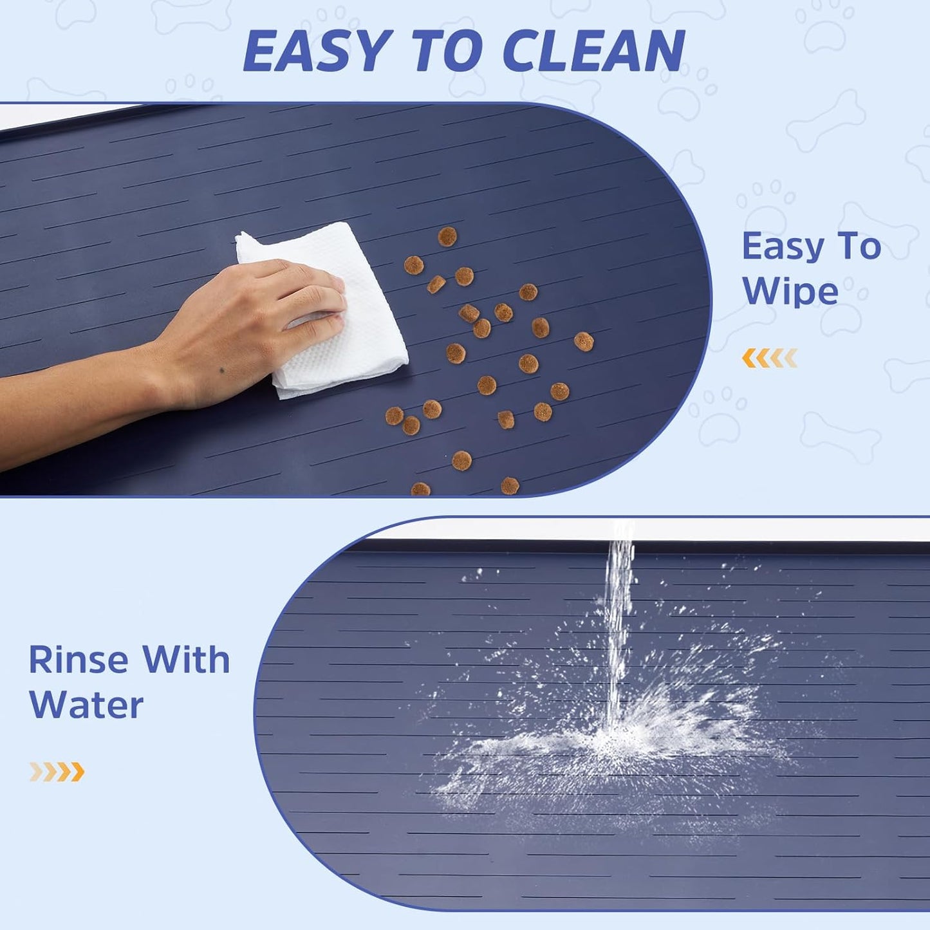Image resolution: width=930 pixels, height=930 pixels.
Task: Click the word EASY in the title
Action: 317,51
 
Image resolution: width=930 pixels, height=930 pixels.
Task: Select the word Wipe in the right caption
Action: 790,291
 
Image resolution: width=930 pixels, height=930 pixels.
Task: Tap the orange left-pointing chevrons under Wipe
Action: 770,358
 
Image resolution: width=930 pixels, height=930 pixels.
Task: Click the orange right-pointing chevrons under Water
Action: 57,771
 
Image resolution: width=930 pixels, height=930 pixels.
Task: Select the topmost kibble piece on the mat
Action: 447,236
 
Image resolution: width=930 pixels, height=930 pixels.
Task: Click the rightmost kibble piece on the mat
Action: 584,341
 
